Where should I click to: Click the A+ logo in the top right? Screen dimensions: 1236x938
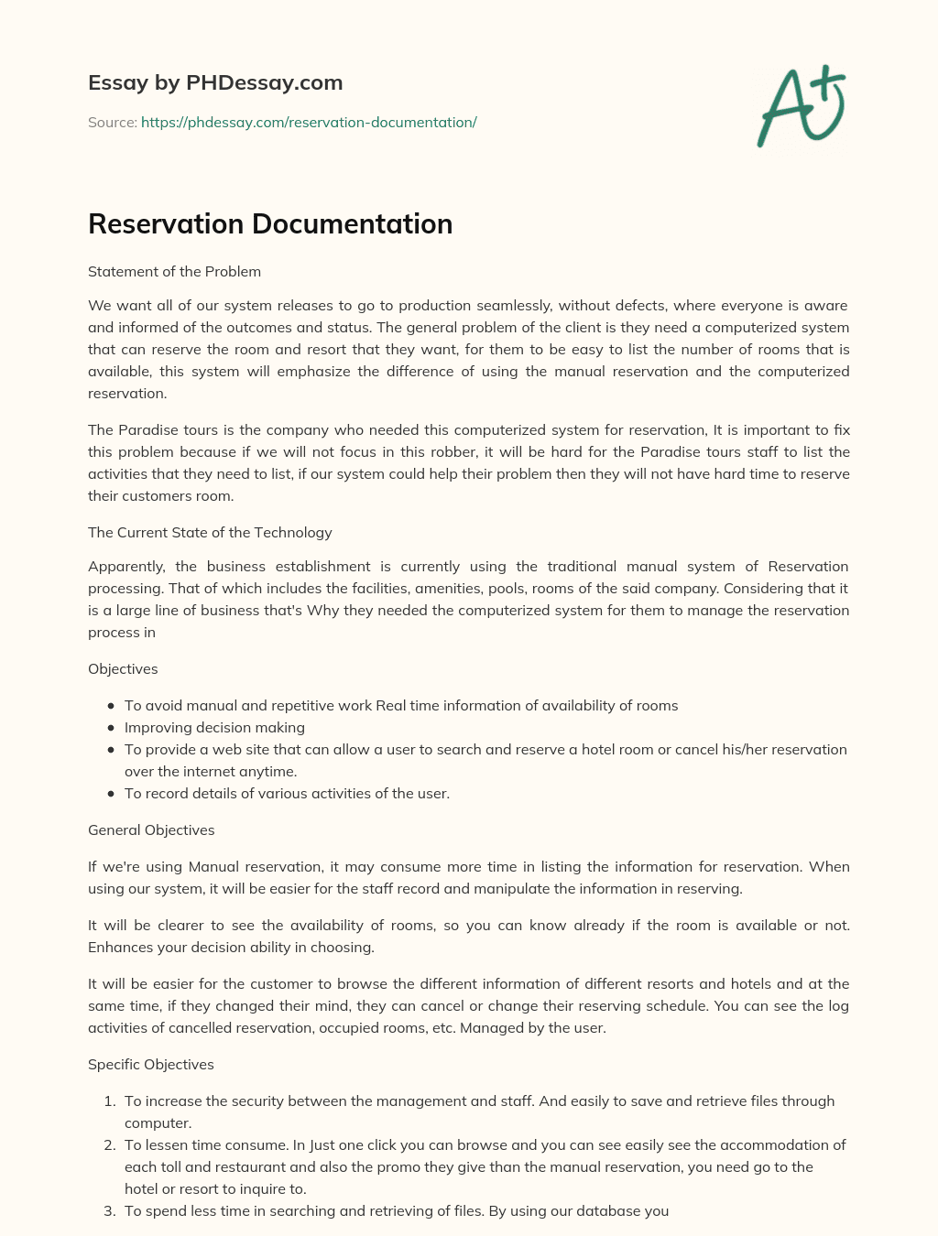click(x=802, y=105)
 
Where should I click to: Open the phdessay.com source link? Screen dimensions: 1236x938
click(x=309, y=123)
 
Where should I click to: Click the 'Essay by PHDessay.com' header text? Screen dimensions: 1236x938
click(x=215, y=83)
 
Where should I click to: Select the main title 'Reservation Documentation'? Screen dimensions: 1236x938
click(x=270, y=224)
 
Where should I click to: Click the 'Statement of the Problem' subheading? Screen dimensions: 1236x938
click(x=174, y=272)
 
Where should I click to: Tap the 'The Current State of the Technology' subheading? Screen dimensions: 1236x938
click(x=210, y=533)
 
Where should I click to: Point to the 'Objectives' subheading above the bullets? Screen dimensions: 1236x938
click(x=123, y=669)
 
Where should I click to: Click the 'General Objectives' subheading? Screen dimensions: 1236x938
click(x=151, y=830)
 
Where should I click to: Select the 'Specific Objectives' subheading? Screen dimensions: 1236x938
click(x=151, y=1065)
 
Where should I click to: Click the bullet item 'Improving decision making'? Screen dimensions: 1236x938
click(x=214, y=728)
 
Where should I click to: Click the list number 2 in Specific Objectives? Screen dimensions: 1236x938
click(x=108, y=1145)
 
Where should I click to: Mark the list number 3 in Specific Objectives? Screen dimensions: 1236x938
click(x=108, y=1211)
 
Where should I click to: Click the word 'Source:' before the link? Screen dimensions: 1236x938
click(x=112, y=123)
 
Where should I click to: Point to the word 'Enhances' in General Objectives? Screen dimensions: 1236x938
click(x=119, y=948)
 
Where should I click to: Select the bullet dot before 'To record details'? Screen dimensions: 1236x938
click(x=111, y=794)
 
